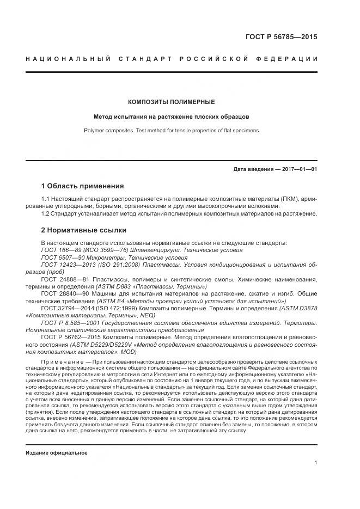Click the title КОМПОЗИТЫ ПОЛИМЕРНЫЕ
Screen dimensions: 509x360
(171, 102)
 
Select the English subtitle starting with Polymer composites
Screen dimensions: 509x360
(171, 131)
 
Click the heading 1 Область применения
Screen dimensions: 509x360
(83, 186)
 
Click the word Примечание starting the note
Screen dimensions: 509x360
(63, 362)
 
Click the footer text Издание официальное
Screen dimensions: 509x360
(57, 452)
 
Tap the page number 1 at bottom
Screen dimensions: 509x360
(316, 462)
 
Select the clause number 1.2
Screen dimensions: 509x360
(46, 213)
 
